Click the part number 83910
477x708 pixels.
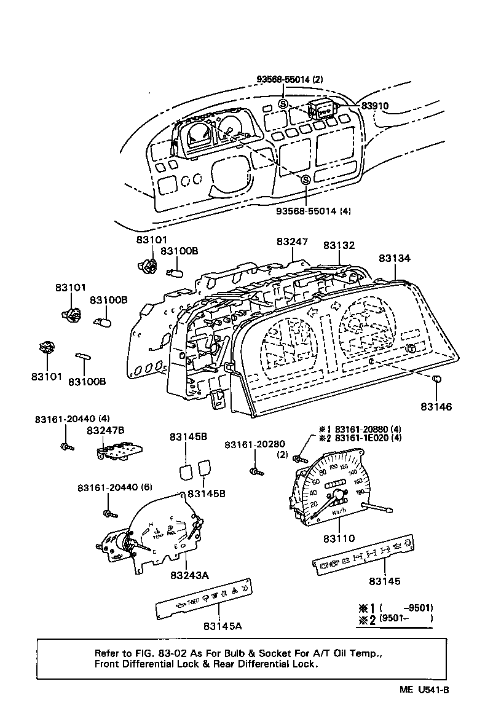(374, 106)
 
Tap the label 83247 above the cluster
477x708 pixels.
(292, 242)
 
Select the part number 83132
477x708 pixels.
(340, 245)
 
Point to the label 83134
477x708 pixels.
(394, 259)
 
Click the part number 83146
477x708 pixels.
(436, 406)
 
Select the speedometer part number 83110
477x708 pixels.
(339, 538)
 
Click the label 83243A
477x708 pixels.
(190, 575)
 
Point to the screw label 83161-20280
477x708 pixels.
(254, 444)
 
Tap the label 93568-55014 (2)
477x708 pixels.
(290, 79)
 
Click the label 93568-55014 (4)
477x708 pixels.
(313, 211)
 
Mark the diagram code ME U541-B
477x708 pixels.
(424, 690)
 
